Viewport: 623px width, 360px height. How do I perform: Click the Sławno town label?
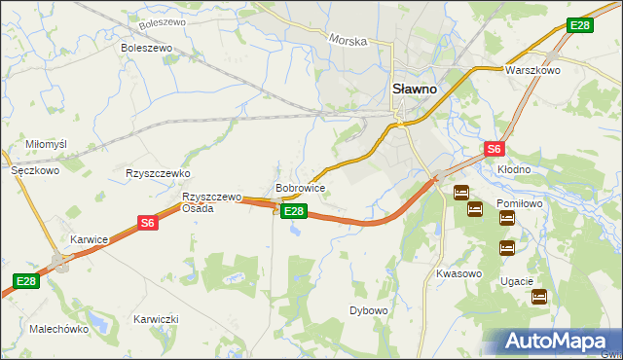point(414,87)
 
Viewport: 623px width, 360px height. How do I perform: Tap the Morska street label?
point(348,41)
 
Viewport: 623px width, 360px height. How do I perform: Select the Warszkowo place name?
point(531,71)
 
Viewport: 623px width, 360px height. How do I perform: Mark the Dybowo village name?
point(369,310)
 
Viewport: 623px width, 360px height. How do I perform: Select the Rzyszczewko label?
point(157,173)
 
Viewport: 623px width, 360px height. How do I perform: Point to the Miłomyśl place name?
point(46,144)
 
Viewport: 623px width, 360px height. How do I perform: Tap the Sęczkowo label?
point(36,169)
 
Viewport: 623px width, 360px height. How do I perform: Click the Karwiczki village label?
point(156,319)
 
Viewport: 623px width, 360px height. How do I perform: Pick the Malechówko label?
point(59,329)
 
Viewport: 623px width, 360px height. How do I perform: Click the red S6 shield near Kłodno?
point(495,149)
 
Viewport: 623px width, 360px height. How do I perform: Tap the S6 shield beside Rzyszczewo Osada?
point(147,223)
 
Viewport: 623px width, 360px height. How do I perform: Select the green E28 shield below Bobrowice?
point(295,211)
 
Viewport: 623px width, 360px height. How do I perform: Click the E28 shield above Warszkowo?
point(579,25)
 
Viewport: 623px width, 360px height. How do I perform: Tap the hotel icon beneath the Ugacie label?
point(539,299)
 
